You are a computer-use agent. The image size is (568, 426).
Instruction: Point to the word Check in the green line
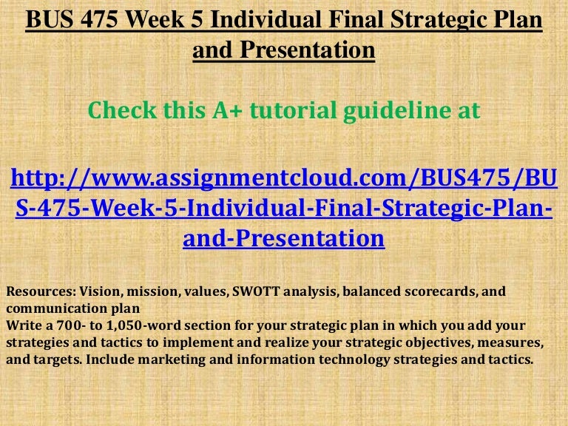tap(123, 111)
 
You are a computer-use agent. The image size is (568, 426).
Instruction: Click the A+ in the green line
tap(227, 111)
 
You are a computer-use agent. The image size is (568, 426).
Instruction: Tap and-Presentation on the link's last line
tap(284, 238)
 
